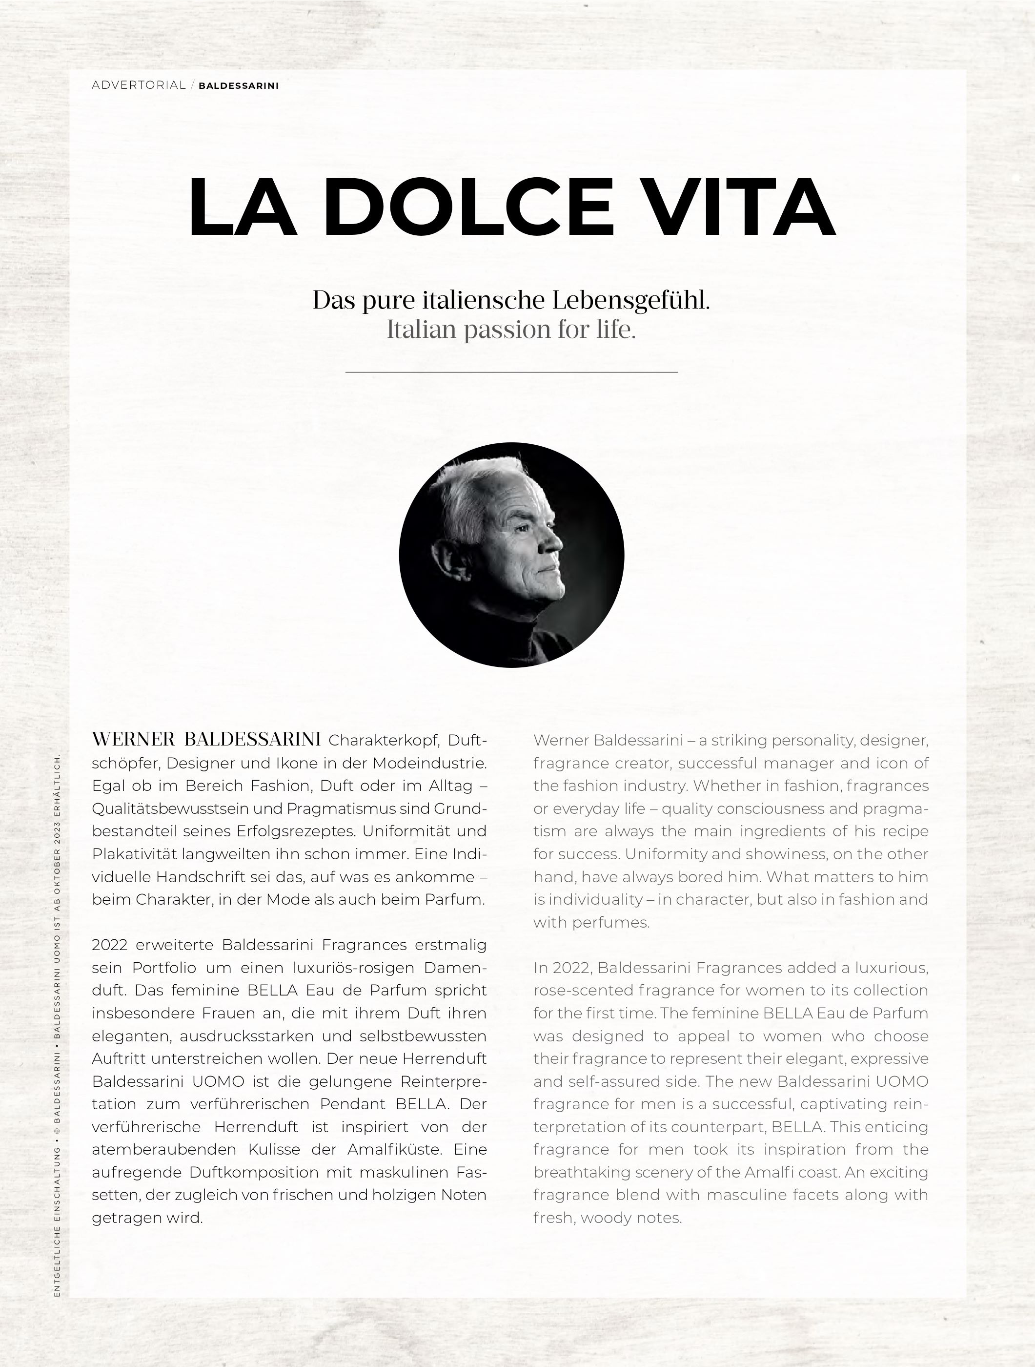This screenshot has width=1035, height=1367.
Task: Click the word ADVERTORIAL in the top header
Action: point(138,85)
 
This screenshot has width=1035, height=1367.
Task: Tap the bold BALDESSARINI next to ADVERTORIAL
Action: point(238,86)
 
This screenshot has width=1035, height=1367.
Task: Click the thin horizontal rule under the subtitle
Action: point(511,372)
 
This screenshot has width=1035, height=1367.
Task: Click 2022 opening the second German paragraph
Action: point(109,945)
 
